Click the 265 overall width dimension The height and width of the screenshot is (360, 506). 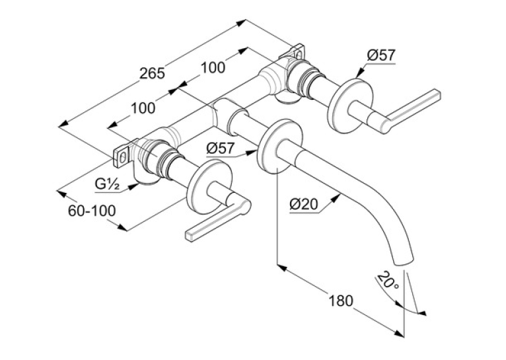click(152, 73)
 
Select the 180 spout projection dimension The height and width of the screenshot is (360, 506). click(341, 301)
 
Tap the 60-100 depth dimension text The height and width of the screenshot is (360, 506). click(92, 211)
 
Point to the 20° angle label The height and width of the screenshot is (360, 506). click(388, 280)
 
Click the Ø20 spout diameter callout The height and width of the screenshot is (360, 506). click(304, 204)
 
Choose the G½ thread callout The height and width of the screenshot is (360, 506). click(108, 184)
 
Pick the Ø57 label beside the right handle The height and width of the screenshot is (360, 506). click(380, 55)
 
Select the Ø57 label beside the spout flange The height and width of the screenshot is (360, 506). click(221, 149)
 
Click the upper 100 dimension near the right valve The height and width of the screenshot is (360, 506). click(213, 67)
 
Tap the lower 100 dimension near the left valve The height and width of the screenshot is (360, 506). click(143, 108)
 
